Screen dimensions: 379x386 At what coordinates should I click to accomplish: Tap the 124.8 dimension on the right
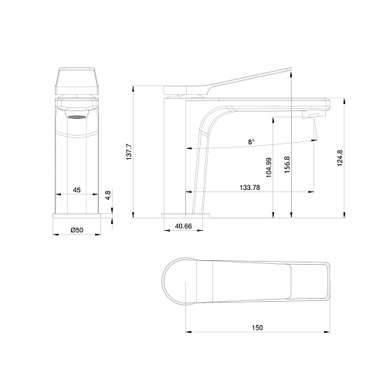click(x=340, y=158)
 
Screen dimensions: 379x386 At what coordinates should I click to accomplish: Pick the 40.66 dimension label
click(x=183, y=225)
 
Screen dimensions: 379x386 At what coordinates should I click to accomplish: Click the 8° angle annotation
click(x=251, y=143)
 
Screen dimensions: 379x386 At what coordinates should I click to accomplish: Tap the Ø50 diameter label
click(x=76, y=230)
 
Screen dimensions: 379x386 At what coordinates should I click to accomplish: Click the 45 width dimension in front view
click(x=76, y=188)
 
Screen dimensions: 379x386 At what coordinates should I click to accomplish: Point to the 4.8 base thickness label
click(x=109, y=196)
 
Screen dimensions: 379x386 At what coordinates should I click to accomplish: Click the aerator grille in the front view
click(x=76, y=119)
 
